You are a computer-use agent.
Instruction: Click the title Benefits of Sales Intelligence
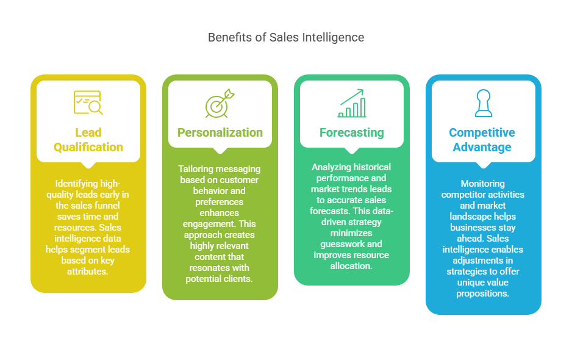click(286, 38)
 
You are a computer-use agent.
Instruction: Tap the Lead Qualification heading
click(88, 140)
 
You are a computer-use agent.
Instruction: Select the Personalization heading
click(220, 132)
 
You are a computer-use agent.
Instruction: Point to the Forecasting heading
click(352, 132)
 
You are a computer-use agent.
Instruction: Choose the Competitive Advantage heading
click(482, 140)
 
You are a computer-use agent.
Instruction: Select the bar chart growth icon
click(352, 103)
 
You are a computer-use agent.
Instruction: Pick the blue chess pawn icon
click(483, 103)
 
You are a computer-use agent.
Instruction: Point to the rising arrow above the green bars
click(352, 95)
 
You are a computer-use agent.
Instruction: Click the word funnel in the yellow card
click(107, 205)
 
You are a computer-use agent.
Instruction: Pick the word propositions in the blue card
click(483, 293)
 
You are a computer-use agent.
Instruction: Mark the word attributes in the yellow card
click(88, 271)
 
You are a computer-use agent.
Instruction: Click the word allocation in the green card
click(352, 265)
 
